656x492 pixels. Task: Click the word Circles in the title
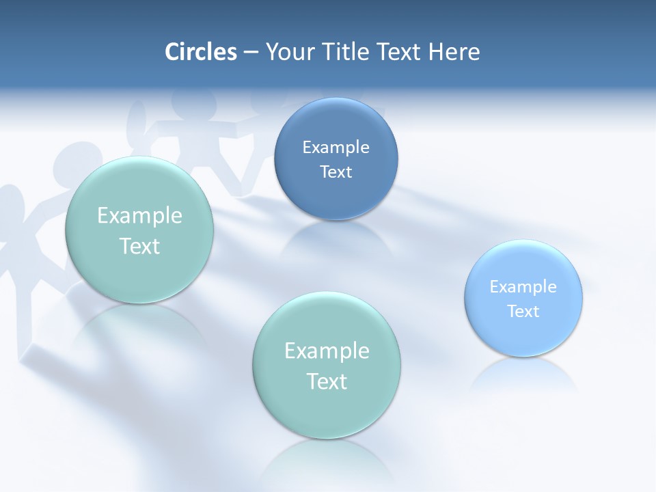(201, 52)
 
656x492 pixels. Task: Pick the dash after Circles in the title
(251, 53)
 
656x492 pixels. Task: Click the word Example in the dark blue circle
(336, 148)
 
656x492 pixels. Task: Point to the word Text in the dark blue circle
(336, 172)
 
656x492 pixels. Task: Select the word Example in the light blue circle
(523, 287)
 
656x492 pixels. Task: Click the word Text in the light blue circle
(523, 312)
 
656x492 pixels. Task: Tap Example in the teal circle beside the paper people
(139, 216)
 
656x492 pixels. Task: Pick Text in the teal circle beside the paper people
(139, 247)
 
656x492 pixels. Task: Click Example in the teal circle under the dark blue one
(327, 351)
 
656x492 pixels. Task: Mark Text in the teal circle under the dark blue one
(327, 381)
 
